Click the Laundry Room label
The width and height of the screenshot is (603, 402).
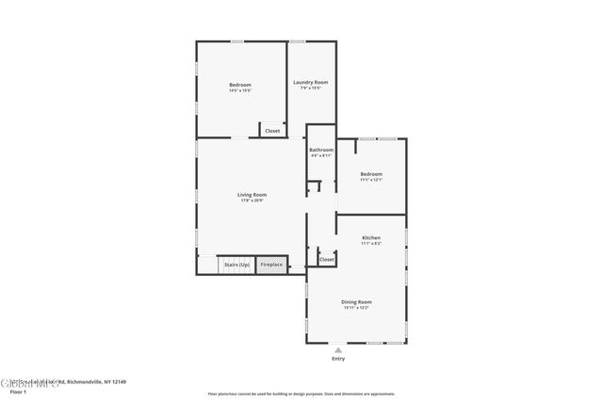pos(310,82)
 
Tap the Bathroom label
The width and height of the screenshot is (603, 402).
pos(321,150)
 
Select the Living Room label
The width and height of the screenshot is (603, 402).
pos(252,195)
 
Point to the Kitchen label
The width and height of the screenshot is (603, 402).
pos(371,238)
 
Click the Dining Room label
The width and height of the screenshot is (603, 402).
pos(356,301)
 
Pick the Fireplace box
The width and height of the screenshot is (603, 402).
pos(271,265)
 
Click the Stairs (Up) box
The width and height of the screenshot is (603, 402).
pos(236,265)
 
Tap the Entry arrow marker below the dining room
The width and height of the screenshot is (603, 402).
pos(338,349)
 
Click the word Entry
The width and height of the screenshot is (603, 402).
pos(338,359)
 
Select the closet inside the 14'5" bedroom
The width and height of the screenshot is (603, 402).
pos(272,131)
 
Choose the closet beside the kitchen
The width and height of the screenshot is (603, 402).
pos(326,259)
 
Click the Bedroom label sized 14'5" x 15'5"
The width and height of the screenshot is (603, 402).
pos(240,85)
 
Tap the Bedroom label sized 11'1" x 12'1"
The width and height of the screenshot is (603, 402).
pos(371,174)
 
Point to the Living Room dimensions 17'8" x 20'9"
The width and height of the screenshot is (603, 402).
pos(252,201)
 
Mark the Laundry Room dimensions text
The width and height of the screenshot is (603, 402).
pos(310,88)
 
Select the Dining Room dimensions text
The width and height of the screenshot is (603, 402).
pos(356,307)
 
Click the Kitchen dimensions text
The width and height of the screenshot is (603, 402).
pos(371,244)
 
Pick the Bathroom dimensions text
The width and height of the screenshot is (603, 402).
pos(321,155)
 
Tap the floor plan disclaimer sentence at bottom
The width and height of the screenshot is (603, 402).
pos(301,394)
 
